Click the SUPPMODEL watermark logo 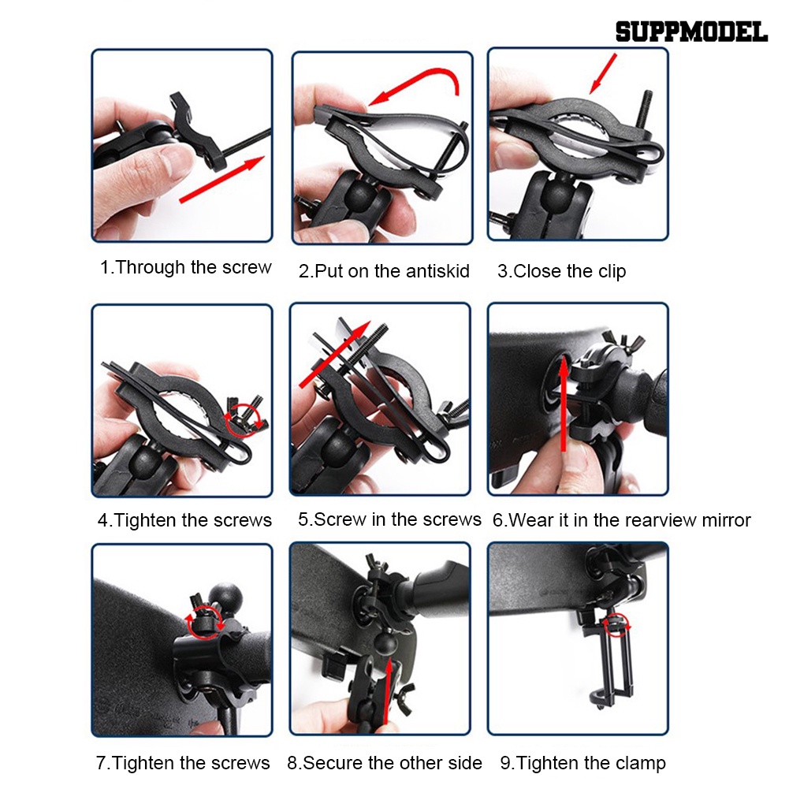[x=690, y=32]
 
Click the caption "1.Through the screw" [x=185, y=267]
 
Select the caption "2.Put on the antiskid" [x=384, y=271]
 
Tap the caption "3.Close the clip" [x=561, y=271]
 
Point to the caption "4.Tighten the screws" [x=184, y=520]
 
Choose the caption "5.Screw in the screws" [x=389, y=519]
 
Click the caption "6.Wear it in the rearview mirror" [x=621, y=520]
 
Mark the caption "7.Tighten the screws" [x=183, y=763]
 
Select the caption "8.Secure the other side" [x=385, y=763]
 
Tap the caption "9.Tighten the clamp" [x=582, y=763]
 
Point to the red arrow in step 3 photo [x=603, y=76]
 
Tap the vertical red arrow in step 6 [x=564, y=402]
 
